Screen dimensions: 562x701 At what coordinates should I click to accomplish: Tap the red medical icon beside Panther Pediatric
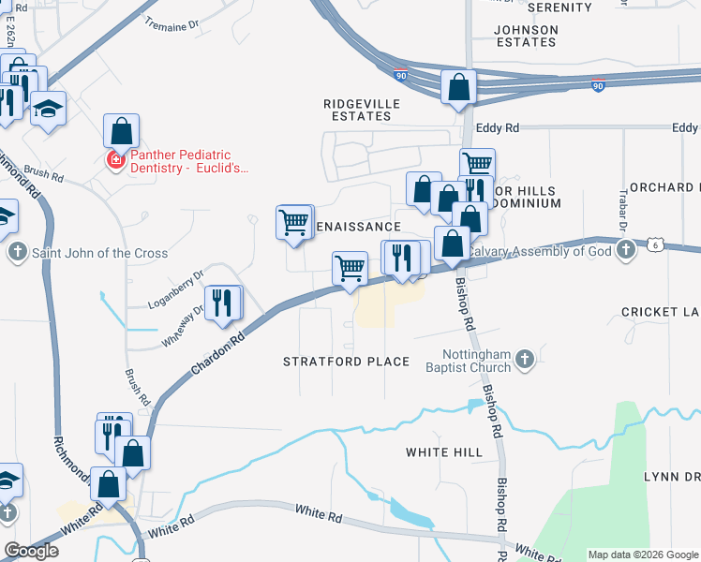pyautogui.click(x=116, y=161)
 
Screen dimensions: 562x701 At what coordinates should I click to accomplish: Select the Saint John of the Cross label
pyautogui.click(x=100, y=253)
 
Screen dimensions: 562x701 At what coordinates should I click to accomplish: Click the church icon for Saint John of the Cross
pyautogui.click(x=17, y=253)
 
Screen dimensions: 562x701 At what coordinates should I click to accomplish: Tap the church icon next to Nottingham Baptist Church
pyautogui.click(x=525, y=359)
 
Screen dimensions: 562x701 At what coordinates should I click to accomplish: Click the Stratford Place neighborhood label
pyautogui.click(x=347, y=362)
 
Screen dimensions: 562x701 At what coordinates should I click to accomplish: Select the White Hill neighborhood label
pyautogui.click(x=444, y=452)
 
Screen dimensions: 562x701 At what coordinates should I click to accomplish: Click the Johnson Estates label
pyautogui.click(x=526, y=36)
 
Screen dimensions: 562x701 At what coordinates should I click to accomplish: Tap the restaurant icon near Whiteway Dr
pyautogui.click(x=223, y=302)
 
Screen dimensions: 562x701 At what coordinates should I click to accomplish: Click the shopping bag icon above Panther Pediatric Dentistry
pyautogui.click(x=121, y=131)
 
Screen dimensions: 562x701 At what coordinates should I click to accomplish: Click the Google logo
pyautogui.click(x=31, y=551)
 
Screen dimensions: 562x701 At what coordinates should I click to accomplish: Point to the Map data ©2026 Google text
pyautogui.click(x=642, y=555)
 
